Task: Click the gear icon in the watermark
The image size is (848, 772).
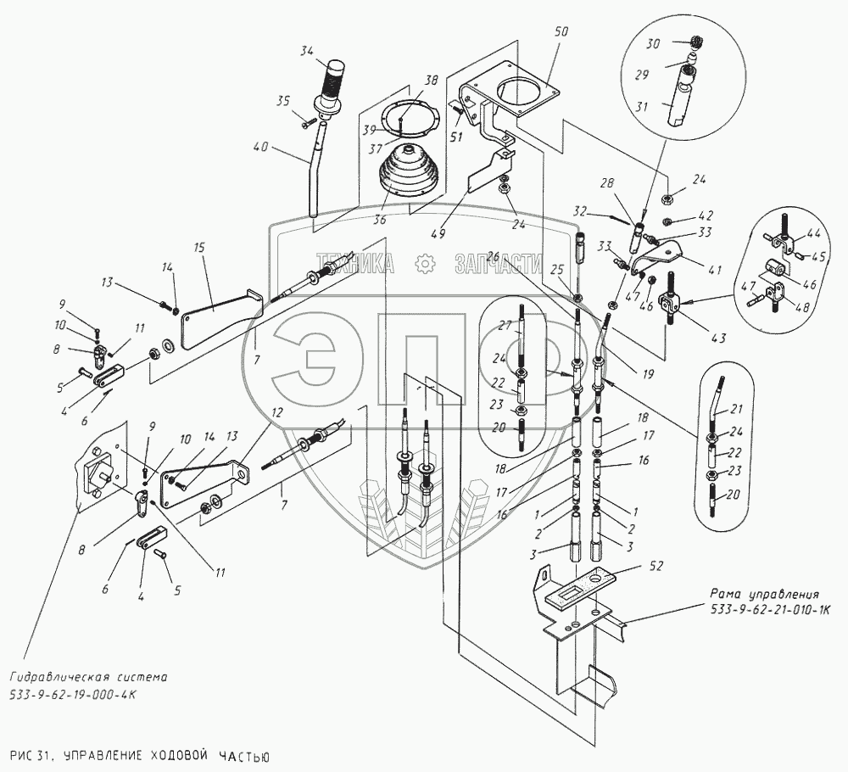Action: click(425, 264)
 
